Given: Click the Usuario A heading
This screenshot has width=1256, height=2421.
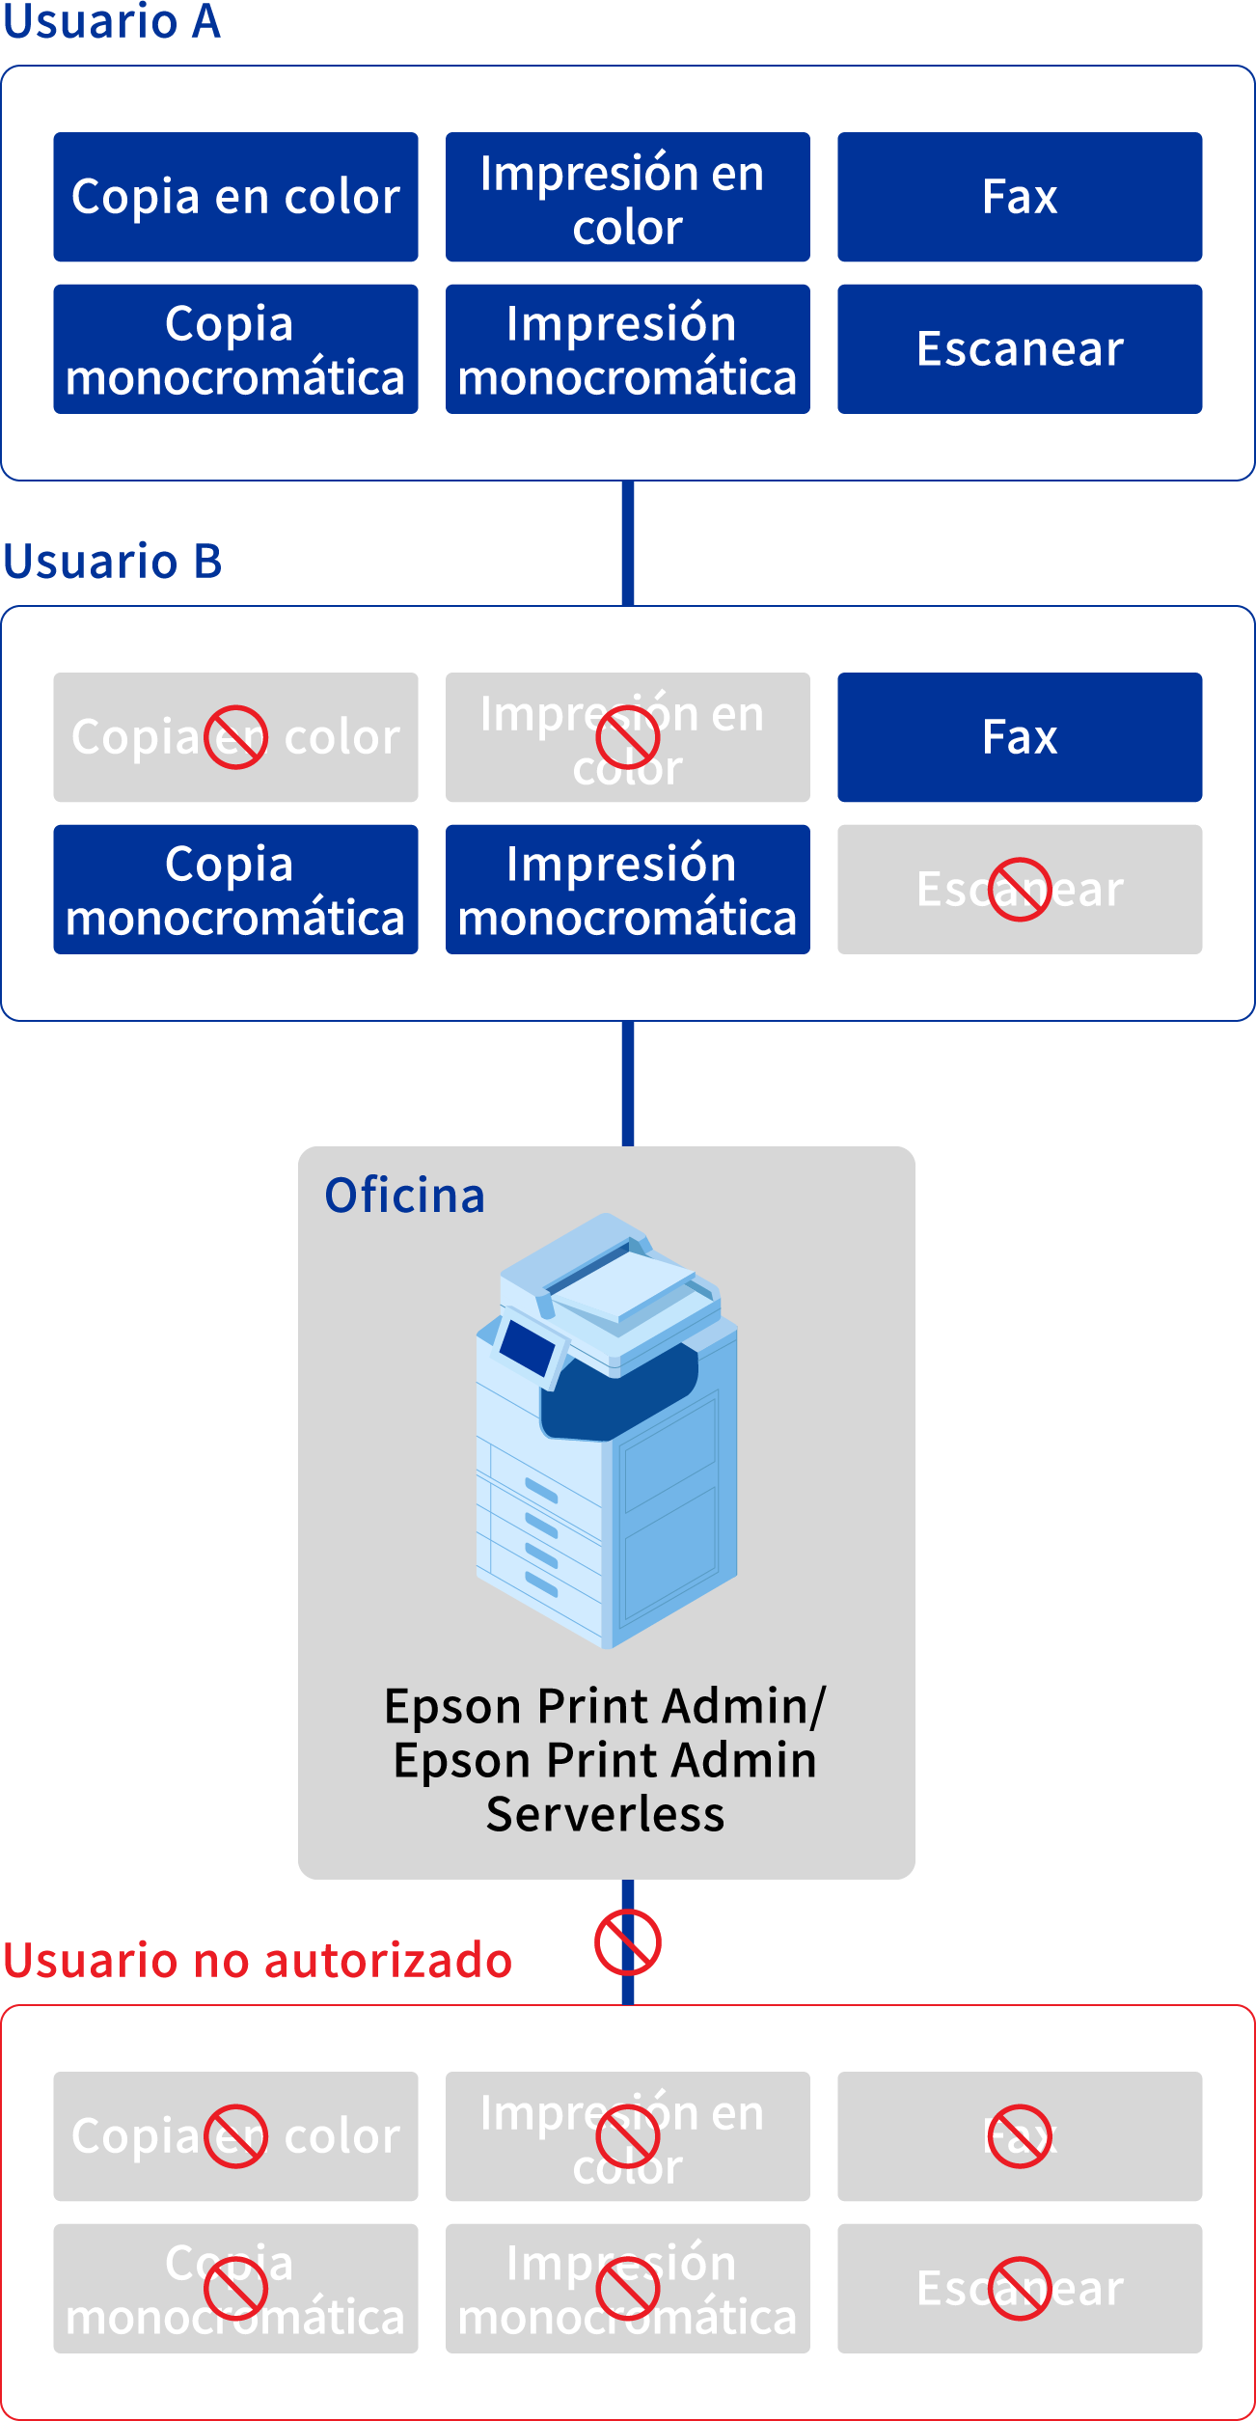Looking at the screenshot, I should click(112, 22).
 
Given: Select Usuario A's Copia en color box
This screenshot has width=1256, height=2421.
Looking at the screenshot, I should click(235, 197).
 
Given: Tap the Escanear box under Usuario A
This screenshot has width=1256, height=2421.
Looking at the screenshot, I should click(1020, 348).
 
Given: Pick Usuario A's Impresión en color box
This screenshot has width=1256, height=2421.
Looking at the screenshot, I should click(627, 197).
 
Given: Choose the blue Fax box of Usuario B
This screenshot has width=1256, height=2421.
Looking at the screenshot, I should click(1020, 737).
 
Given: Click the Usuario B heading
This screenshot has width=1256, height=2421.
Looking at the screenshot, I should click(112, 562).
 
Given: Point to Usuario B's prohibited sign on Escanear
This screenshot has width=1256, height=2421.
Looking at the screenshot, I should click(1020, 889).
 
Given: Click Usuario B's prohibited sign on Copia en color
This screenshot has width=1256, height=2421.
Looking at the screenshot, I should click(235, 737).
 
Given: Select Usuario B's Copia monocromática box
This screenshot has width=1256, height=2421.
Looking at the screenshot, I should click(235, 889).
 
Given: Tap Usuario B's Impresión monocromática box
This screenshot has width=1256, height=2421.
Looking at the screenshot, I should click(627, 889).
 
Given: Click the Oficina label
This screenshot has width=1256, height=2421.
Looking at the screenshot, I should click(404, 1196).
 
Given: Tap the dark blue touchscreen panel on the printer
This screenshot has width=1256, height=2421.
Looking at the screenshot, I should click(526, 1346).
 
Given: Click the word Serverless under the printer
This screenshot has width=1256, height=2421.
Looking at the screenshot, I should click(605, 1814).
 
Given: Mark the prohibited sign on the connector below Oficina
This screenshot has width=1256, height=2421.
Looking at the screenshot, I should click(627, 1942).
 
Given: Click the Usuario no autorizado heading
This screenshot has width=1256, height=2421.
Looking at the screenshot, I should click(257, 1961).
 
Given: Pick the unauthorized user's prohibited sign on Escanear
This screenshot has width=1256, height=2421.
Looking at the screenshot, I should click(1020, 2288).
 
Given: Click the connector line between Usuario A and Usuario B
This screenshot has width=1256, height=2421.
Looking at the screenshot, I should click(628, 542).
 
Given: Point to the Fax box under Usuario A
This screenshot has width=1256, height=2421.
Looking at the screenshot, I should click(1020, 197).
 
